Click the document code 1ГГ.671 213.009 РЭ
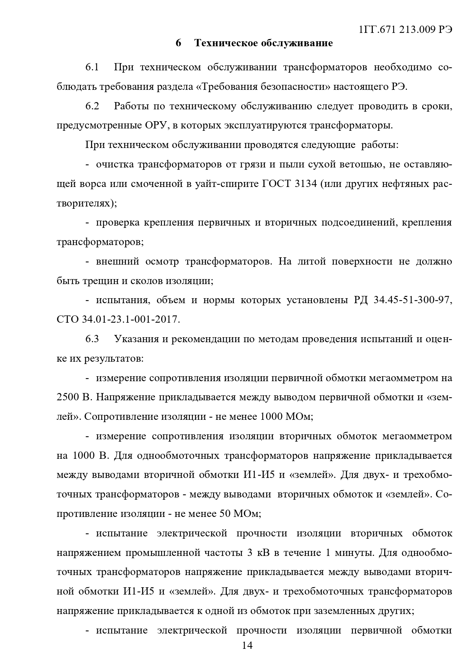[x=406, y=29]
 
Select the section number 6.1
[x=92, y=68]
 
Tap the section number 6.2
[x=92, y=106]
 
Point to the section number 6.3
[x=92, y=339]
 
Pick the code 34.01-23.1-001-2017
[x=131, y=319]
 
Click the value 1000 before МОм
[x=271, y=416]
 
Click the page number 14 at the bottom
[x=247, y=646]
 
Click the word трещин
[x=100, y=281]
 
